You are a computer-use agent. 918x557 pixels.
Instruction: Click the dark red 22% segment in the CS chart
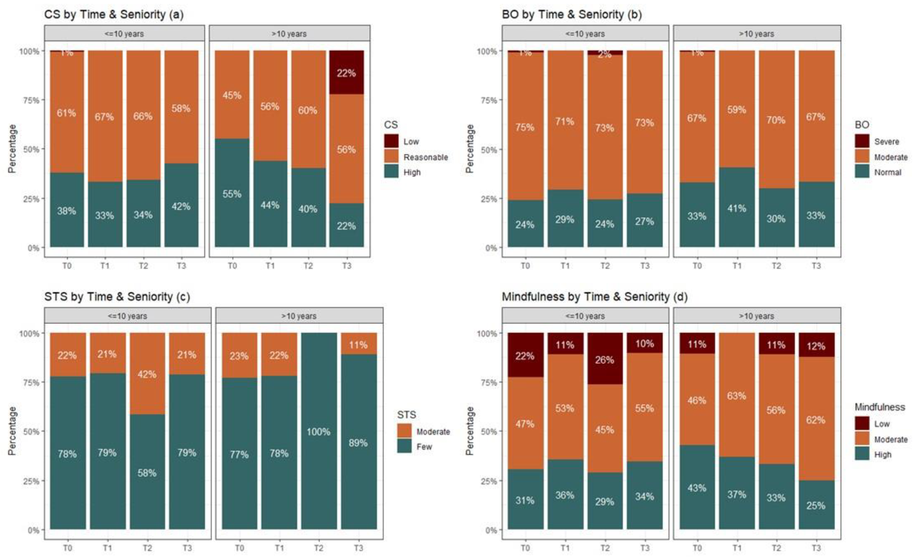tap(346, 72)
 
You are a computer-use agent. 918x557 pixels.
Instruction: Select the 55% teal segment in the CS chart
tap(232, 193)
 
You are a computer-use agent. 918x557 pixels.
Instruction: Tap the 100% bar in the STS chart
tap(319, 431)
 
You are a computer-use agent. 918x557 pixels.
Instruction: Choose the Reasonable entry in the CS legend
tap(425, 157)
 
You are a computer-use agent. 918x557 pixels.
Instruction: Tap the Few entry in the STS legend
tap(424, 447)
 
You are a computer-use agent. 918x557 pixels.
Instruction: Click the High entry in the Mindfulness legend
tap(883, 455)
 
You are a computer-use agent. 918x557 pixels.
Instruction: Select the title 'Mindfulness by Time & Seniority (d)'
tap(594, 297)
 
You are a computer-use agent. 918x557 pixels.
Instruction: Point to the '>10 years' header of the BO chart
tap(756, 34)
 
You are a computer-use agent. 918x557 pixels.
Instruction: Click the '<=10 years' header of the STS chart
tap(127, 316)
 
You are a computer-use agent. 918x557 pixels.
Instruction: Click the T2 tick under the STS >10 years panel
tap(318, 548)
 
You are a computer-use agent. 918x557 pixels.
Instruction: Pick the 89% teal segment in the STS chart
tap(358, 442)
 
